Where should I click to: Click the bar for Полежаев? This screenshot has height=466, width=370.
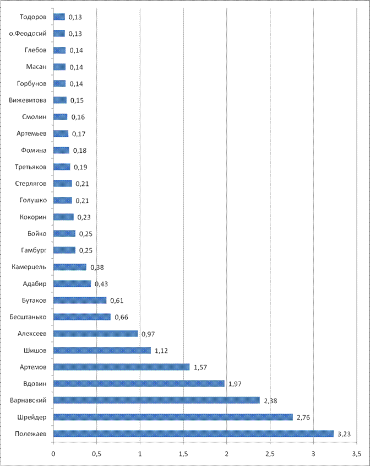click(x=193, y=433)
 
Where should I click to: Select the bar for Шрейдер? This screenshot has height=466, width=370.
click(x=173, y=417)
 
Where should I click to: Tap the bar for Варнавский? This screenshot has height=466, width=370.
click(x=156, y=400)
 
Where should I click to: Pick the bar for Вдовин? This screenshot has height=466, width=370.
click(x=139, y=383)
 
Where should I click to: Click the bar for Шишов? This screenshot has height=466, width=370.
click(x=102, y=350)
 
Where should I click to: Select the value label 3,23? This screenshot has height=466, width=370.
click(x=344, y=434)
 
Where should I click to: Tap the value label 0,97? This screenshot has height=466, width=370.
click(x=148, y=334)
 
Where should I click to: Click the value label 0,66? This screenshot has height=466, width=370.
click(x=122, y=317)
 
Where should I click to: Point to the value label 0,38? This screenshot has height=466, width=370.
click(x=97, y=267)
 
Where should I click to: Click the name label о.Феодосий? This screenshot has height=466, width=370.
click(x=31, y=33)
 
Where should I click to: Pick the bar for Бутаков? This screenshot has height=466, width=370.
click(x=80, y=300)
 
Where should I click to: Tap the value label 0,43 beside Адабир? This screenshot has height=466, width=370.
click(x=101, y=283)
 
